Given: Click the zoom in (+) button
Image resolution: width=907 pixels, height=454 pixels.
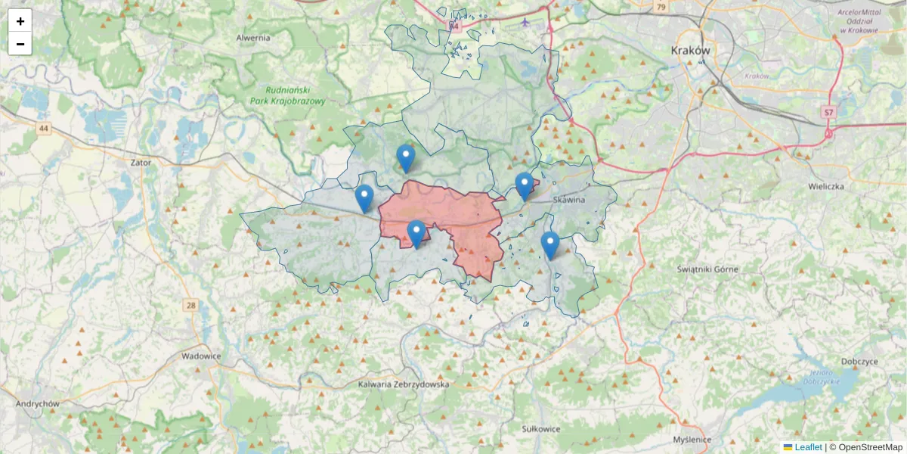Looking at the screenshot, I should tap(20, 21).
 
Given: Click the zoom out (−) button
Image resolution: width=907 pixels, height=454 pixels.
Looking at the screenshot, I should tap(20, 44).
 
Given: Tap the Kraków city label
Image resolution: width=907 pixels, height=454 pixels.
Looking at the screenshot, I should tap(691, 50).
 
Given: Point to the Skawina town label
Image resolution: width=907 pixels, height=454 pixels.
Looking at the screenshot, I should tap(569, 200).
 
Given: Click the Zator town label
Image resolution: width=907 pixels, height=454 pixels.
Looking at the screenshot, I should tap(141, 162).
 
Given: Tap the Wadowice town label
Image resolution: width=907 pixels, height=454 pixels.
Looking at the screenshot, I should tap(200, 356).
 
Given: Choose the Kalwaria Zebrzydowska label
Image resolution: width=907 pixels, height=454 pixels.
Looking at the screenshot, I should tap(404, 384).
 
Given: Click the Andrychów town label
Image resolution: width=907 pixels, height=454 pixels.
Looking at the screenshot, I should tap(38, 403).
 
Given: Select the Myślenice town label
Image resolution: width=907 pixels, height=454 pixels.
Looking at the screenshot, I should tap(692, 440).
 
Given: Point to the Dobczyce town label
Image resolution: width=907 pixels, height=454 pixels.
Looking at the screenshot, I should tap(858, 362).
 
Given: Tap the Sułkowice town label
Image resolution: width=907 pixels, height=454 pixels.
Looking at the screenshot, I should tap(541, 428).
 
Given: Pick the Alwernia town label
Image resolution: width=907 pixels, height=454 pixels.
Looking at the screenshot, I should tap(253, 37).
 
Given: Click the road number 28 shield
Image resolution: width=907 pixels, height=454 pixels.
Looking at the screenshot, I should tap(190, 305).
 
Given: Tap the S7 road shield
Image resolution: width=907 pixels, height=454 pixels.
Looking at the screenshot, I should tap(829, 112).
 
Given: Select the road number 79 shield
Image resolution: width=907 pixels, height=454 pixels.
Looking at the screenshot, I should tap(661, 7).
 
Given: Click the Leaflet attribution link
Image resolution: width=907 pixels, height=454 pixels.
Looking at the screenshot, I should tap(808, 447).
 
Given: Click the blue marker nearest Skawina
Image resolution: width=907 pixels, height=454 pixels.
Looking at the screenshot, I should tap(525, 185).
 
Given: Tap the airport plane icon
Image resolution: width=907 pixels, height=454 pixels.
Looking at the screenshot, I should tap(526, 21).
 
